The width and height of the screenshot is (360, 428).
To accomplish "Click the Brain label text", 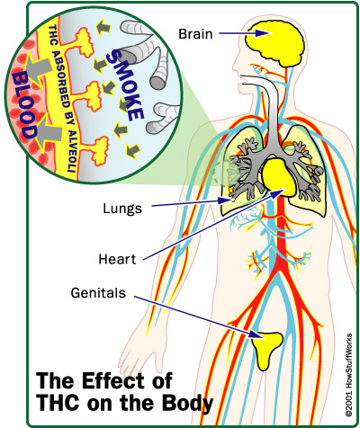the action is click(195, 33).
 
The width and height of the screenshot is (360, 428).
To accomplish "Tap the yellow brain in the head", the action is click(274, 41).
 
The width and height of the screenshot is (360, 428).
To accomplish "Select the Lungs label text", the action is click(122, 209).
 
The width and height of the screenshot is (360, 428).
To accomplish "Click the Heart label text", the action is click(117, 259).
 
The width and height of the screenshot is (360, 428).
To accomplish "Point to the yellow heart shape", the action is click(279, 178).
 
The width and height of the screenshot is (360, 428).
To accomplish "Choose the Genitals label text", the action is click(98, 292).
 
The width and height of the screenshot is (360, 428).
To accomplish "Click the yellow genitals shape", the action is click(267, 350).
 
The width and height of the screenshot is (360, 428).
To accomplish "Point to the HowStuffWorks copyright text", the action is click(348, 375).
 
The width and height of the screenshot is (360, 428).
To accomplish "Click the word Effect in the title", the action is click(115, 380).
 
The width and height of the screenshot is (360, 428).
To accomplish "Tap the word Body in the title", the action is click(188, 403).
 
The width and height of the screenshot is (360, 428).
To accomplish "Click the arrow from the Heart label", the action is click(213, 225).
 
